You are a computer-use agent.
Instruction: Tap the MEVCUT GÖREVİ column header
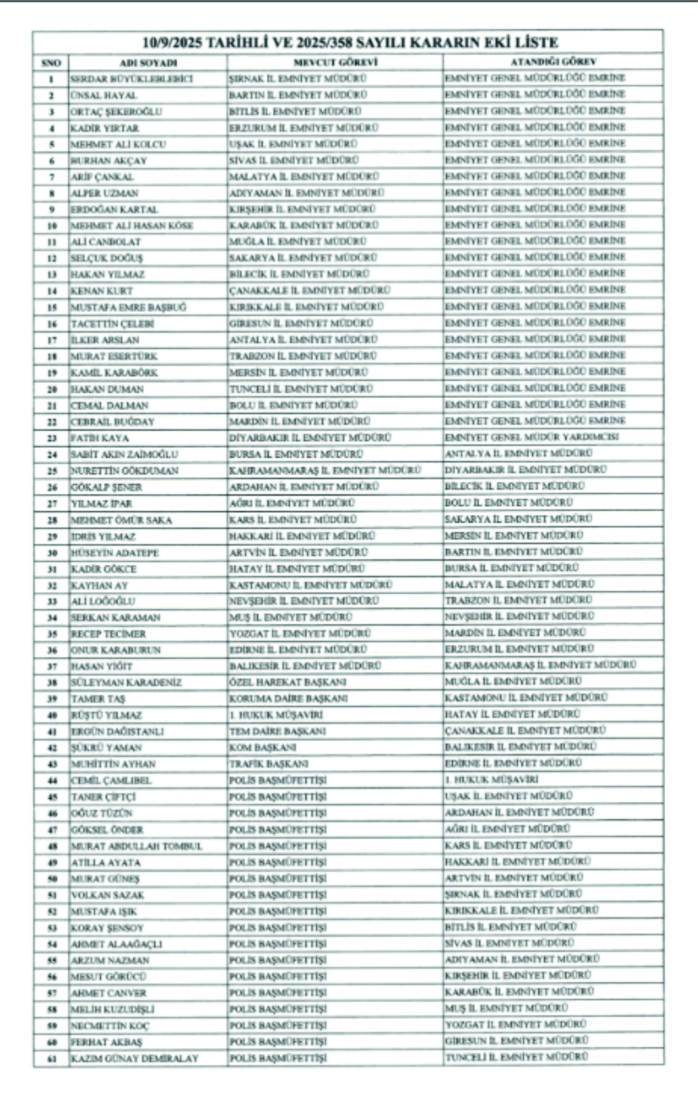(x=336, y=62)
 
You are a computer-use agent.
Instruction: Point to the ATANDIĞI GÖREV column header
(x=553, y=62)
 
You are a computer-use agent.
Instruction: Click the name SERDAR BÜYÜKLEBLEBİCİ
(x=132, y=79)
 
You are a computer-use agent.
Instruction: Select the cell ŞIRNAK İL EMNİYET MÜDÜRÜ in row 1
(x=298, y=78)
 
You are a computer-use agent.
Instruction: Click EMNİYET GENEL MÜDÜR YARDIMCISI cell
(x=532, y=437)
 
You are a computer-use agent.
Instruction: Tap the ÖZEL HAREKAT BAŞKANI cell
(x=288, y=682)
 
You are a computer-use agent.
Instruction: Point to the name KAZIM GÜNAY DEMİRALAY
(x=135, y=1058)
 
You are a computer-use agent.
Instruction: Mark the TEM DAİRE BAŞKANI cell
(x=278, y=731)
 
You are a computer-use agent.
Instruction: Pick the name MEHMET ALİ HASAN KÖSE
(x=132, y=226)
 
